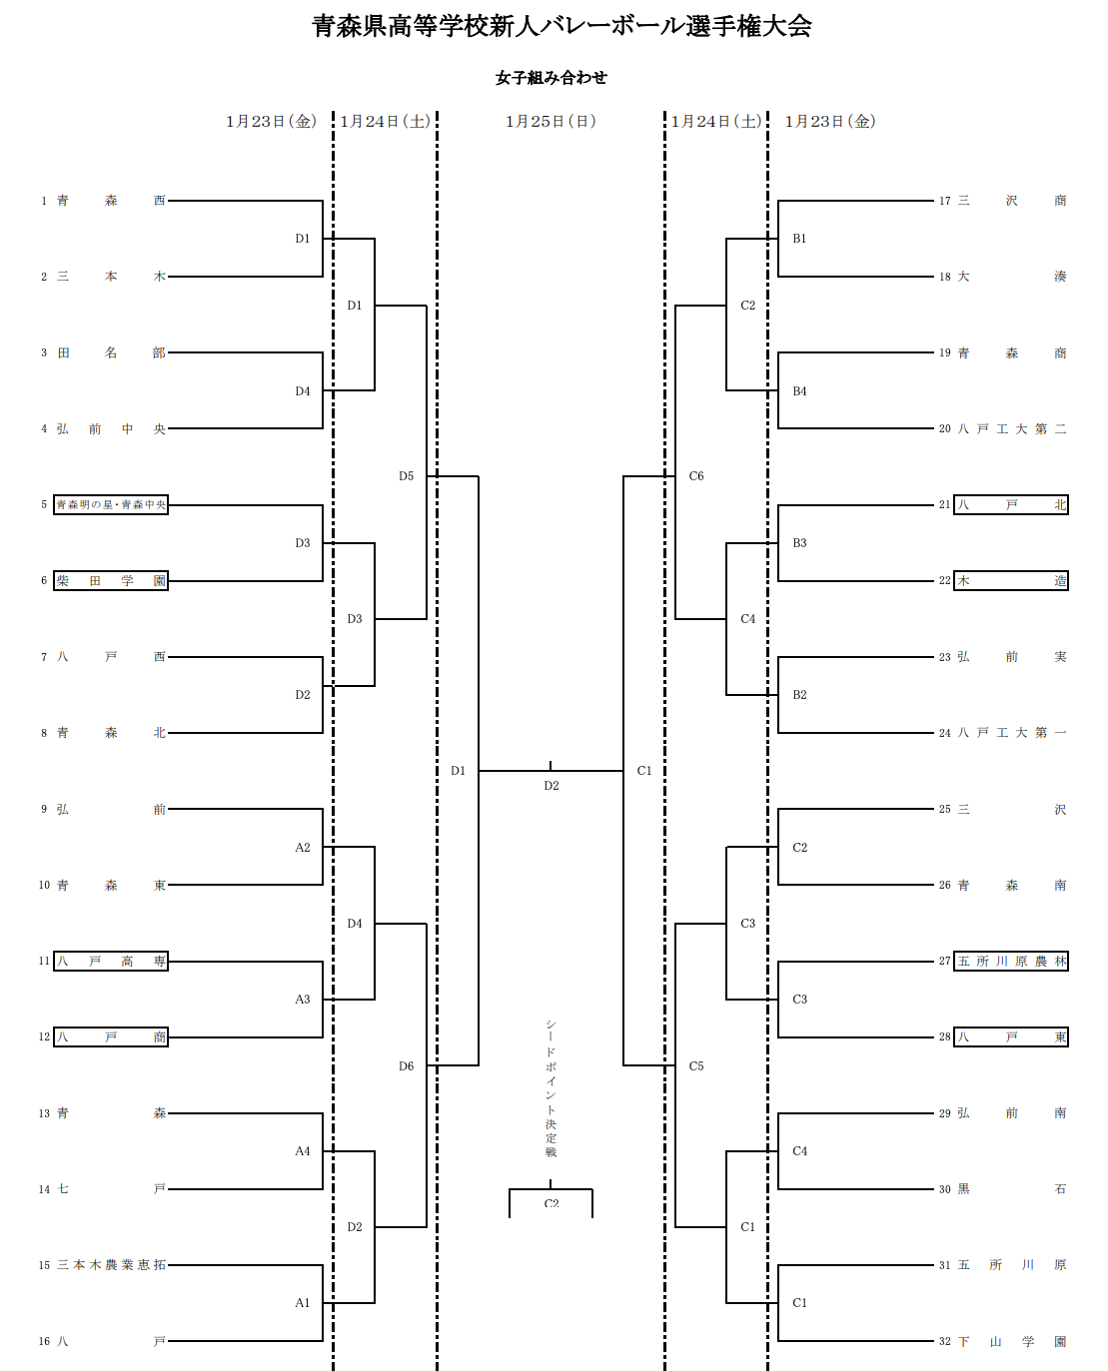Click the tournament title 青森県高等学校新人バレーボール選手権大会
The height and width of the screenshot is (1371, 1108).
pyautogui.click(x=561, y=26)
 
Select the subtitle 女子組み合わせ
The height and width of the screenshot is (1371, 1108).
pyautogui.click(x=551, y=78)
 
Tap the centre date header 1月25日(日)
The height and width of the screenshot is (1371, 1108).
pyautogui.click(x=551, y=122)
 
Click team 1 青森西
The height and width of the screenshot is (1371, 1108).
pyautogui.click(x=111, y=201)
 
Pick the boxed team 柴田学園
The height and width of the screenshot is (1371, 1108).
pyautogui.click(x=111, y=581)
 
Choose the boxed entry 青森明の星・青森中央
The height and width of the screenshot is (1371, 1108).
pyautogui.click(x=111, y=505)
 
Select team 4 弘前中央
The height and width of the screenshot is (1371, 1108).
pyautogui.click(x=111, y=429)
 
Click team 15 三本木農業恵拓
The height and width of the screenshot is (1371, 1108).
pyautogui.click(x=111, y=1265)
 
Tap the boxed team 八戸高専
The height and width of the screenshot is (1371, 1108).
pyautogui.click(x=111, y=962)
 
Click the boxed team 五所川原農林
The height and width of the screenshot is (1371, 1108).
pyautogui.click(x=1011, y=962)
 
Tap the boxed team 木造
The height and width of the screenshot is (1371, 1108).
pyautogui.click(x=1011, y=581)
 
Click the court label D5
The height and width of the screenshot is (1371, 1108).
pyautogui.click(x=406, y=476)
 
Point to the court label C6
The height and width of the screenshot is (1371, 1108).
pyautogui.click(x=696, y=476)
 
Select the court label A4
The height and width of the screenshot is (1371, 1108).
pyautogui.click(x=303, y=1151)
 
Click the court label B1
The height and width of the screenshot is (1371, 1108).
pyautogui.click(x=799, y=239)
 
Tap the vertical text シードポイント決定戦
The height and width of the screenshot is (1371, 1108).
pyautogui.click(x=551, y=1088)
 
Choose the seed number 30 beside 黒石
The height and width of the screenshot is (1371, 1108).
pyautogui.click(x=944, y=1189)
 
